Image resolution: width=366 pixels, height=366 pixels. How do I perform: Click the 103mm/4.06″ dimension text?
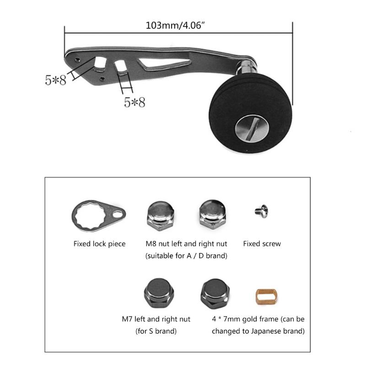pyautogui.click(x=178, y=25)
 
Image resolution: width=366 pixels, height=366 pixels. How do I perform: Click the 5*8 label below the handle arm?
pyautogui.click(x=135, y=102)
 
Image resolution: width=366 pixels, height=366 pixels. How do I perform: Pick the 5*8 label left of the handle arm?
pyautogui.click(x=55, y=80)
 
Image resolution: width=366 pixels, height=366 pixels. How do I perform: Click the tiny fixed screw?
pyautogui.click(x=261, y=211)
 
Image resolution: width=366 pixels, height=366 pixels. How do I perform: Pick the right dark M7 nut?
pyautogui.click(x=214, y=292)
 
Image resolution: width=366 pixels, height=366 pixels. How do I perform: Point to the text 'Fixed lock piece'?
pyautogui.click(x=99, y=244)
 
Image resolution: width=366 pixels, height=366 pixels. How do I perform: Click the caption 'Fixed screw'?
pyautogui.click(x=262, y=244)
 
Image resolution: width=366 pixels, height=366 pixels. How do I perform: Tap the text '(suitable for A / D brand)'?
pyautogui.click(x=186, y=256)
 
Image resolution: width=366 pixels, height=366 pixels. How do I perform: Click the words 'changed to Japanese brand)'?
pyautogui.click(x=258, y=331)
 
